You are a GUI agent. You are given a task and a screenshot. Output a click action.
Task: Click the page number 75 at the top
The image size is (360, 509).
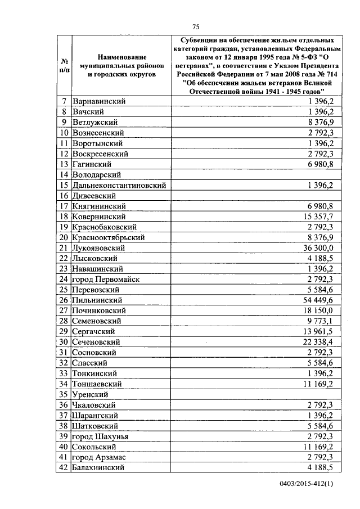pyautogui.click(x=196, y=26)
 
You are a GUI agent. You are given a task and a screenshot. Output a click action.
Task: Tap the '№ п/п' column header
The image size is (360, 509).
pyautogui.click(x=65, y=66)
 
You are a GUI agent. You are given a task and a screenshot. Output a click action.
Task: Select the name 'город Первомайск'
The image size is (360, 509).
pyautogui.click(x=106, y=280)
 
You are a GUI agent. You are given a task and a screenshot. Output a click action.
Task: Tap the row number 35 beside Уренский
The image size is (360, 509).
pyautogui.click(x=65, y=394)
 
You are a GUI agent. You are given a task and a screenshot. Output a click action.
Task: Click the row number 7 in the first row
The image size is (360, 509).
pyautogui.click(x=65, y=101)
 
